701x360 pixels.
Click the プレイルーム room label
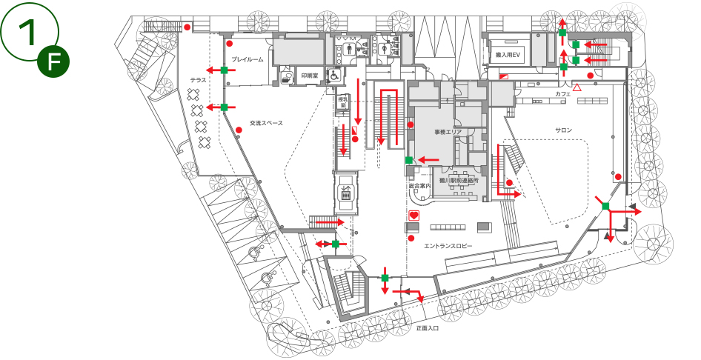click(x=247, y=59)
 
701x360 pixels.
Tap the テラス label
click(x=198, y=79)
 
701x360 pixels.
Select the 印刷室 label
click(x=309, y=76)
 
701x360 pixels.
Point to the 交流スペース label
click(x=266, y=123)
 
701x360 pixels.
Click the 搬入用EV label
click(x=509, y=56)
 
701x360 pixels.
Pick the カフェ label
click(x=562, y=95)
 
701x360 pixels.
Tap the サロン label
click(x=564, y=130)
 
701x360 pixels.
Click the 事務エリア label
click(x=448, y=132)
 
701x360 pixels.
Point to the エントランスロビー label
click(x=448, y=245)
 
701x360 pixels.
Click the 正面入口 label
click(x=428, y=327)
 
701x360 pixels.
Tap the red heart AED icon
click(x=414, y=215)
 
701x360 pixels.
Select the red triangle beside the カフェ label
click(x=577, y=87)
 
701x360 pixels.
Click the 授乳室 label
click(x=342, y=101)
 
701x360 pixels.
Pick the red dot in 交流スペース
click(x=239, y=130)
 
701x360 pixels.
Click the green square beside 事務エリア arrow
click(x=408, y=159)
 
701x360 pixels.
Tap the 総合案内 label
click(x=419, y=185)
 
